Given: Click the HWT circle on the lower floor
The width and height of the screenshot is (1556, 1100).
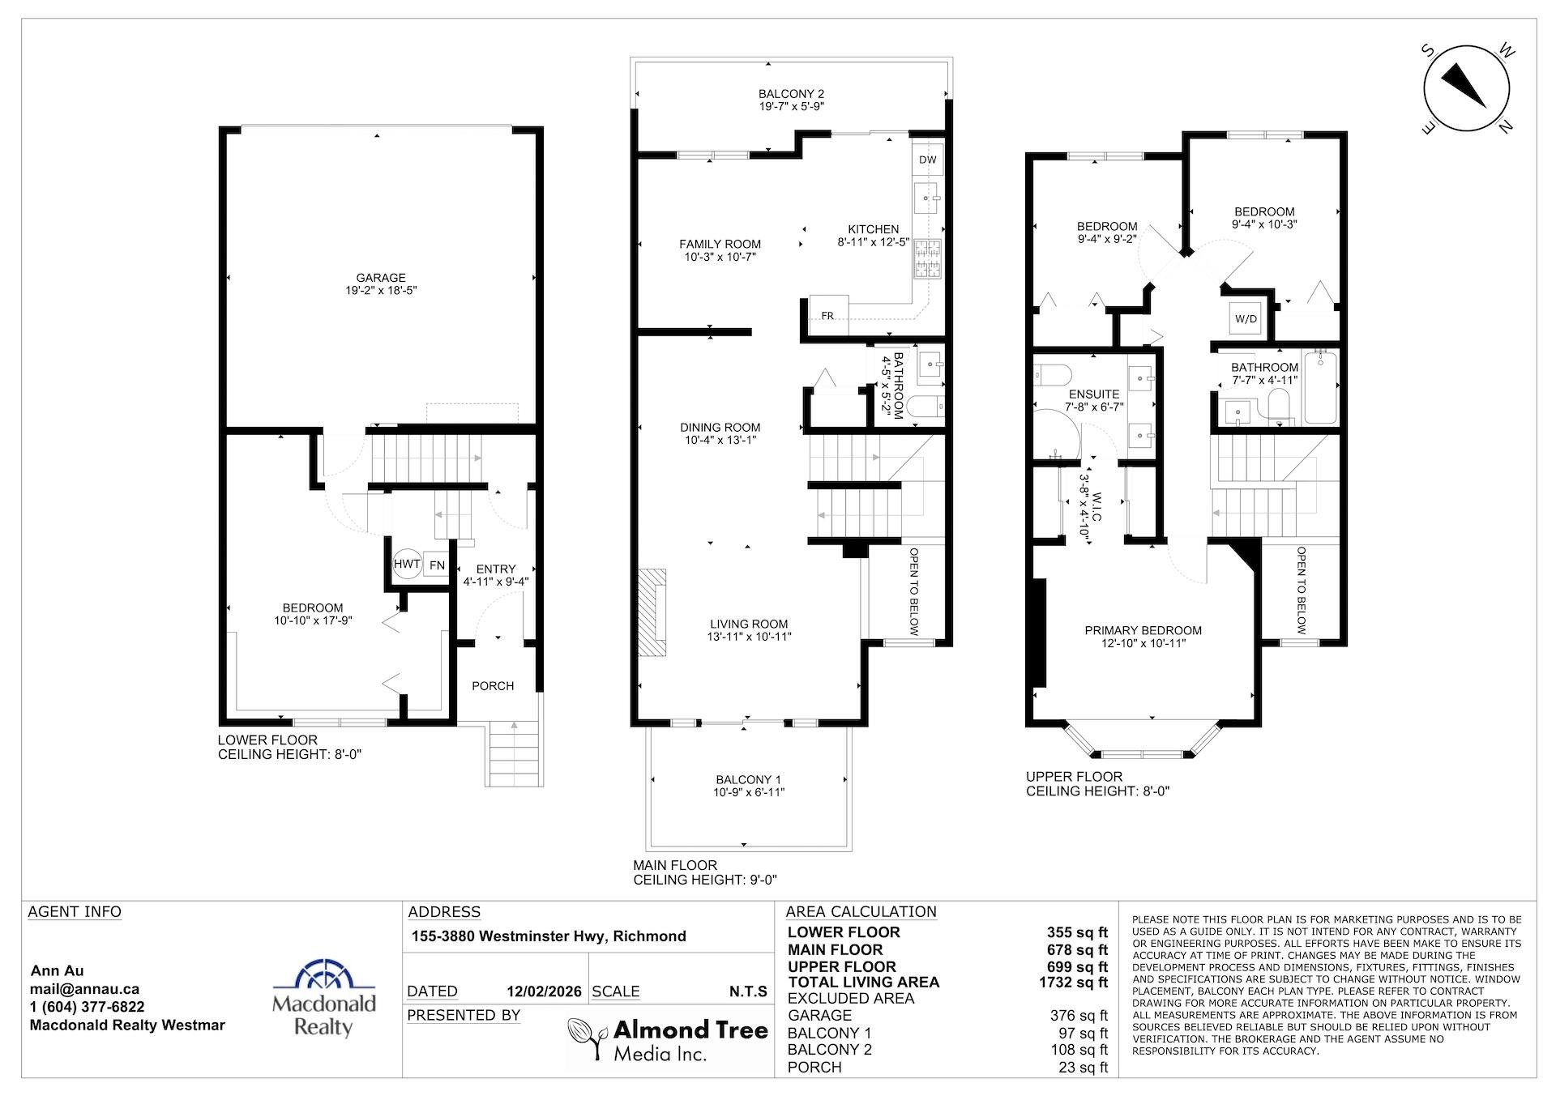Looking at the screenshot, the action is [x=407, y=564].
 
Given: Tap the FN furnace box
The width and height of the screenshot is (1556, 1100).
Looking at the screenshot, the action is [x=437, y=565].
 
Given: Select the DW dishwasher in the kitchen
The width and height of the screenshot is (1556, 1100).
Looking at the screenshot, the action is [x=927, y=160].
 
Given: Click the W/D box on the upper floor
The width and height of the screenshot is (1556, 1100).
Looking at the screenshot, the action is [x=1246, y=318].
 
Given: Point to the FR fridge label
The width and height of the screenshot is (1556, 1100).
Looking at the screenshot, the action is [x=827, y=315].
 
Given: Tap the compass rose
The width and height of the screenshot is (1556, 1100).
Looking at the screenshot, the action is [x=1466, y=92].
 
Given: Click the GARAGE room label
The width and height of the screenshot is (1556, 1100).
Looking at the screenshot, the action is [x=381, y=278].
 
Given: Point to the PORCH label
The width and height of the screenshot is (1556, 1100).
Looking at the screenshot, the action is [x=493, y=686].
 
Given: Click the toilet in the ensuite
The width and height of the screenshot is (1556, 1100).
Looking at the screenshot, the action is [x=1054, y=375].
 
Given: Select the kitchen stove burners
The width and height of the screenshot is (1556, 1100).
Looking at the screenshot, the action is [x=927, y=259].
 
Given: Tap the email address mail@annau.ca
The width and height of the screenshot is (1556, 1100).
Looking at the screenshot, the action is [x=84, y=989].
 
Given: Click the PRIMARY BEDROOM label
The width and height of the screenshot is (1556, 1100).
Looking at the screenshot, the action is [x=1143, y=630].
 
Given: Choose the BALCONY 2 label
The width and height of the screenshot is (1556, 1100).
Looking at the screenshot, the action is [x=791, y=94].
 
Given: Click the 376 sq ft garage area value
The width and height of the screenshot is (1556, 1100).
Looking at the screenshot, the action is [x=1079, y=1016].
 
